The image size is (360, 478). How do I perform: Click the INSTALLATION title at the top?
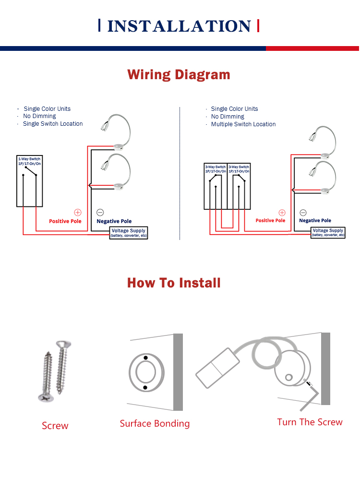(179, 26)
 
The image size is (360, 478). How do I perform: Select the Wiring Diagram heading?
(179, 75)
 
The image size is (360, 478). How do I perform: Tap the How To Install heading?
(174, 283)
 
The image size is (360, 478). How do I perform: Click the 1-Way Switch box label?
(29, 161)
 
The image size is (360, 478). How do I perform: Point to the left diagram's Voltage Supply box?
(129, 233)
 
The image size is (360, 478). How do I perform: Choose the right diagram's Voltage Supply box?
(328, 233)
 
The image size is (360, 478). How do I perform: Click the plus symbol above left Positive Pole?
(78, 212)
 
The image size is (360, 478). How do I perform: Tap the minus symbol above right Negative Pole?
(303, 213)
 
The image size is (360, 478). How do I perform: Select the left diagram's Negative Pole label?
(114, 221)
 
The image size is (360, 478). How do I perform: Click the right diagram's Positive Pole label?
(270, 220)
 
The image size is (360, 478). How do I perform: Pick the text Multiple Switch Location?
(243, 124)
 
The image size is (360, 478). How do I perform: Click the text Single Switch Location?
(53, 124)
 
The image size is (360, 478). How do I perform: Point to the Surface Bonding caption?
(155, 423)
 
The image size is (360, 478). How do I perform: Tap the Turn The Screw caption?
(310, 422)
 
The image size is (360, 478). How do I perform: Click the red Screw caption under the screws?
(55, 426)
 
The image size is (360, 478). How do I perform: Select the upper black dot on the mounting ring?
(146, 358)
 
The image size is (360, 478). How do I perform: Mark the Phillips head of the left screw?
(46, 397)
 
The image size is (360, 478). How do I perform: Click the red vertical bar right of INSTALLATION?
(258, 25)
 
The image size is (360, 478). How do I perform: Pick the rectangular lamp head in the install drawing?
(217, 368)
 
